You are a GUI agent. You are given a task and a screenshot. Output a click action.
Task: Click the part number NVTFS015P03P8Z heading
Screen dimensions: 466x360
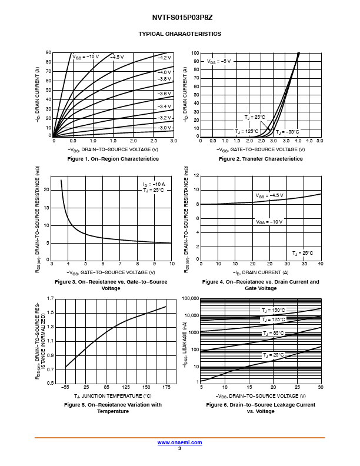[179, 19]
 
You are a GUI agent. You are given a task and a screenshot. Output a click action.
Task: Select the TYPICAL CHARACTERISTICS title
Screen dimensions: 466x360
[179, 34]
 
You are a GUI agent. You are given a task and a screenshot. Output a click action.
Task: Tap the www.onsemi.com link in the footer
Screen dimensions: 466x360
[179, 442]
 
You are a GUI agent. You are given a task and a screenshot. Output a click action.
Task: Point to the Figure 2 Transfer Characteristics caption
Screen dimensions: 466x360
[261, 159]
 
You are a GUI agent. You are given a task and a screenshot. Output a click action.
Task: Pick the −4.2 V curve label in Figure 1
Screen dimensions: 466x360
[164, 58]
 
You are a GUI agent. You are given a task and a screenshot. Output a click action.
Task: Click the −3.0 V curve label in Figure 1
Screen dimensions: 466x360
[164, 128]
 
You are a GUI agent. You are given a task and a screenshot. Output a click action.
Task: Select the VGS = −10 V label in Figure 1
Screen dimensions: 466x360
[86, 56]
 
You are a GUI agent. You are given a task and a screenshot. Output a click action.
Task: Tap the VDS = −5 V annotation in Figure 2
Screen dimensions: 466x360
[219, 61]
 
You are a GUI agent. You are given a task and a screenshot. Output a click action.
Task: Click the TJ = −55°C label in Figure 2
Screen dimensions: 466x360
[288, 132]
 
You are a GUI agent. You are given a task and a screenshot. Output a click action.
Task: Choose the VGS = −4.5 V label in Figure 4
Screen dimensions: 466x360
[269, 195]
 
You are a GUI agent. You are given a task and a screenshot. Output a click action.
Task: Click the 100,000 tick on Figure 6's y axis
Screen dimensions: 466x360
[191, 299]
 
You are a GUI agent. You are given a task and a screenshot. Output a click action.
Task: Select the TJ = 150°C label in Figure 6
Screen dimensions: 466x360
[274, 310]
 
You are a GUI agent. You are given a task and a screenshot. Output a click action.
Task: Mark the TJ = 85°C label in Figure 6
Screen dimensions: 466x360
[273, 333]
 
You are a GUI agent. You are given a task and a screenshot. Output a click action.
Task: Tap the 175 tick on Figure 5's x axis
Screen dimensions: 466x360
[166, 388]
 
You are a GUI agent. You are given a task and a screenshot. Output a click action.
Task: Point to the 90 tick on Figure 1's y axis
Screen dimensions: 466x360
[49, 53]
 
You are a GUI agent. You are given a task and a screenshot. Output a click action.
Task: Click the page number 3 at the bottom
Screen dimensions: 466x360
[179, 448]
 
